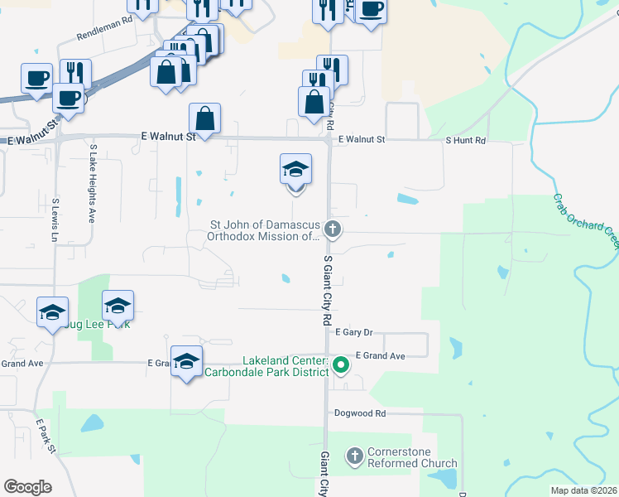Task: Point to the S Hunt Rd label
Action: pyautogui.click(x=466, y=141)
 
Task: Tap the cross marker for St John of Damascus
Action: pyautogui.click(x=333, y=229)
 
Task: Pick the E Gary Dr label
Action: pyautogui.click(x=355, y=332)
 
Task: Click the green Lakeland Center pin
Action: pyautogui.click(x=340, y=364)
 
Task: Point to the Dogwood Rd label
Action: pyautogui.click(x=360, y=413)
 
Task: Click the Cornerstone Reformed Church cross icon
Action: pyautogui.click(x=355, y=456)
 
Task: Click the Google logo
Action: pyautogui.click(x=27, y=487)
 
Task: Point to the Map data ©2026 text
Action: pyautogui.click(x=583, y=490)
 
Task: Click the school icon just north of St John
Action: pyautogui.click(x=295, y=170)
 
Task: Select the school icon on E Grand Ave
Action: pyautogui.click(x=187, y=361)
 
